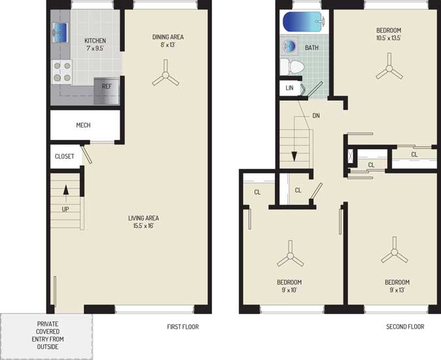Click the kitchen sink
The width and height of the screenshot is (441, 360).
[x=60, y=33]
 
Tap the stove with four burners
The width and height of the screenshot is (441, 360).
[x=62, y=71]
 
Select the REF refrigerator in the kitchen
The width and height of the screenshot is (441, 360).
[x=107, y=90]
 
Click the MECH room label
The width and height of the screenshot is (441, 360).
[x=83, y=125]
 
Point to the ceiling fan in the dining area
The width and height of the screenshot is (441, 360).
[x=166, y=74]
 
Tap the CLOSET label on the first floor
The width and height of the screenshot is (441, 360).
[x=64, y=156]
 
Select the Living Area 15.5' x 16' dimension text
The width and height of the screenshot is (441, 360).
[x=143, y=226]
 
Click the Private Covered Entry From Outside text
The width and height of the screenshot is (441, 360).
[x=48, y=335]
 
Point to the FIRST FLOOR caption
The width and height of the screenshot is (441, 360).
[x=183, y=327]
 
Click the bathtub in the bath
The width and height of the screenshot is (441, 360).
[x=304, y=22]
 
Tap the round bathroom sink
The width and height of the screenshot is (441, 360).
[x=289, y=46]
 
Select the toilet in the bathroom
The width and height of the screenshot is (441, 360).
[x=292, y=67]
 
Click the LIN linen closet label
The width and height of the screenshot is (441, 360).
[x=289, y=88]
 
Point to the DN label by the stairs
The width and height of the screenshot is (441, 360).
[x=316, y=116]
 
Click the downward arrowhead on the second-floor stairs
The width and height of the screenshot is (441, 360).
[x=294, y=156]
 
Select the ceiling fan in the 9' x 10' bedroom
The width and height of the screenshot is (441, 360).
[x=291, y=255]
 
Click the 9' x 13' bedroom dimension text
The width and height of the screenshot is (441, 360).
[x=397, y=290]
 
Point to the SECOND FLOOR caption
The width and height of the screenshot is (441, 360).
[x=405, y=327]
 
